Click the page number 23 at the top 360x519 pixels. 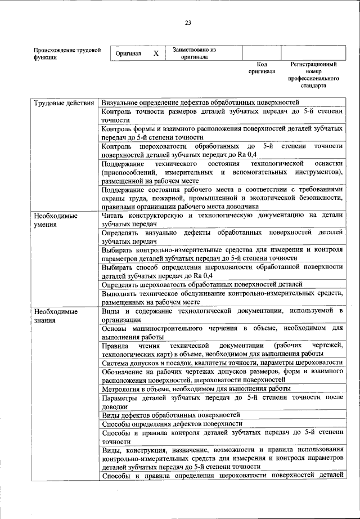pos(188,23)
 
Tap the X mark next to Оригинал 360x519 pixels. pos(156,53)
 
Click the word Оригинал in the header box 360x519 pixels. pos(128,53)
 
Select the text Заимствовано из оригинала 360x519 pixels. pos(194,53)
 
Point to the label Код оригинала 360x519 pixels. pos(262,69)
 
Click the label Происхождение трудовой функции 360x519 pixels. pos(67,53)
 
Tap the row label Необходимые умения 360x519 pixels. pos(55,220)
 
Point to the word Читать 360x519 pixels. pos(114,216)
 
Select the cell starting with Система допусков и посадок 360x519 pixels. pos(222,363)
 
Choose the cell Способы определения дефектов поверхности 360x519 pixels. pos(172,424)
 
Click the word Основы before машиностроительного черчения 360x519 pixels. pos(115,328)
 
